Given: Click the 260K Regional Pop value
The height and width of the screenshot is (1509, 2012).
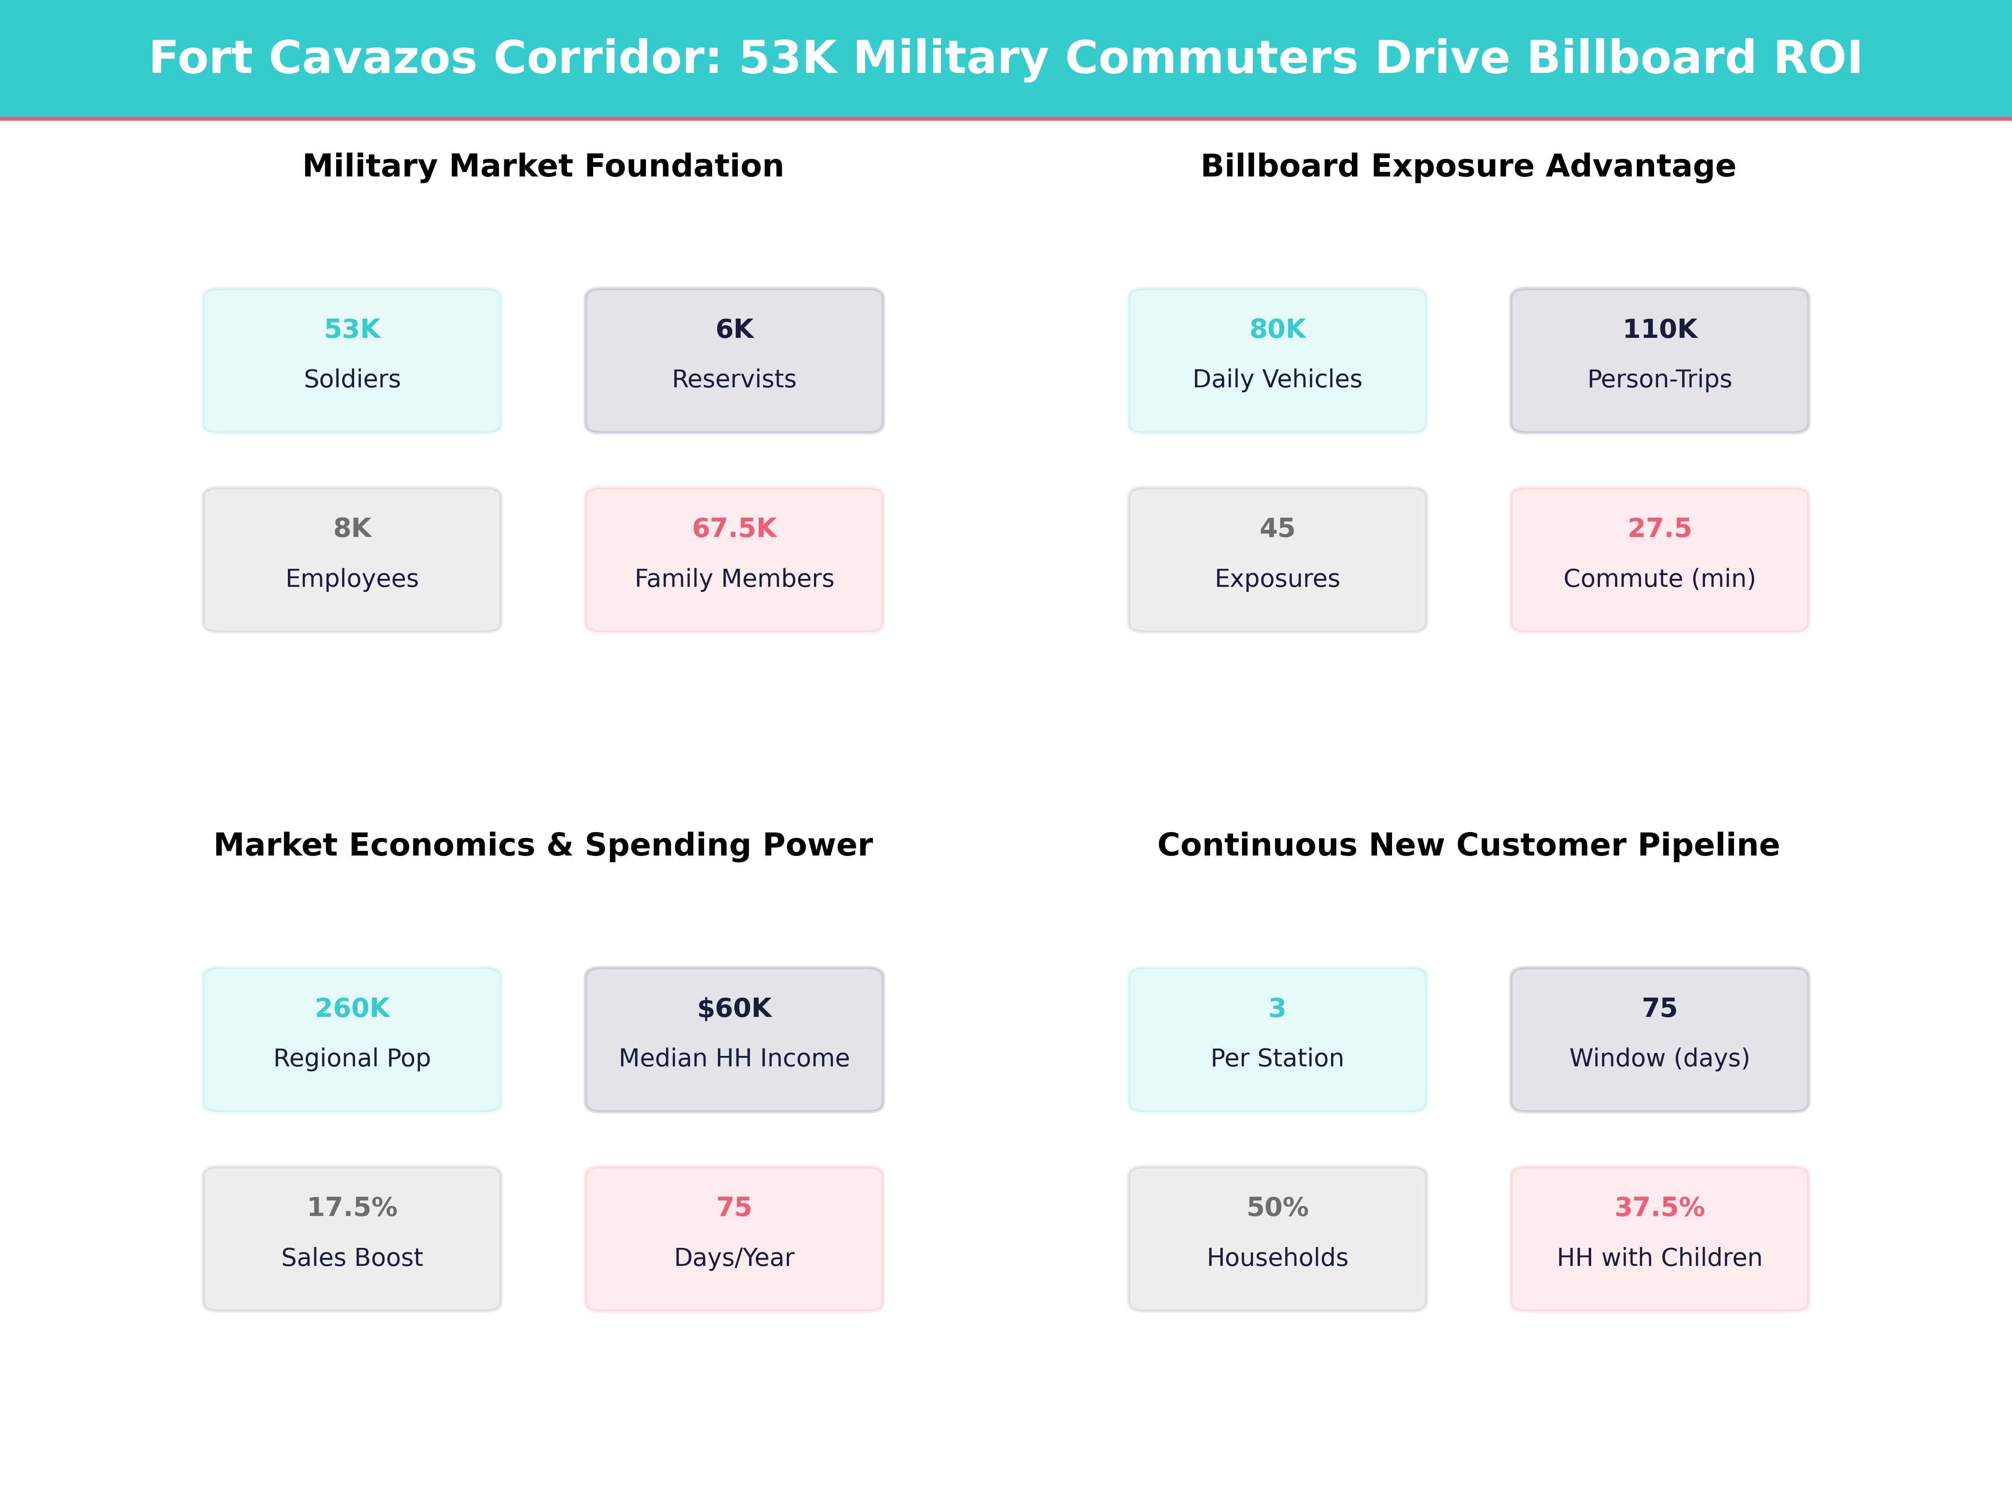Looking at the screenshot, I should pos(352,1008).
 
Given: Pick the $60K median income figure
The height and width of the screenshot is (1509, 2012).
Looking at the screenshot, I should pos(734,1008).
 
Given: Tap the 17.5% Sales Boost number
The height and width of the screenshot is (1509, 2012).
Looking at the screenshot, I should pos(352,1207).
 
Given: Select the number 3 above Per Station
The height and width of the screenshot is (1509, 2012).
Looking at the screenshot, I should pos(1277,1008).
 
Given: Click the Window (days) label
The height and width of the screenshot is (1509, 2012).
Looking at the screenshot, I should pos(1659,1058).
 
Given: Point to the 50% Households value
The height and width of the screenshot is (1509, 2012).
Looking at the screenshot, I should pos(1277,1207).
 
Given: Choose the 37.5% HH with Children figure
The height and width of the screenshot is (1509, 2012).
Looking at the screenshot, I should pos(1659,1207).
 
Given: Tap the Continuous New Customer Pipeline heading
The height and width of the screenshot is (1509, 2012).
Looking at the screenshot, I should pos(1468,845).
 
